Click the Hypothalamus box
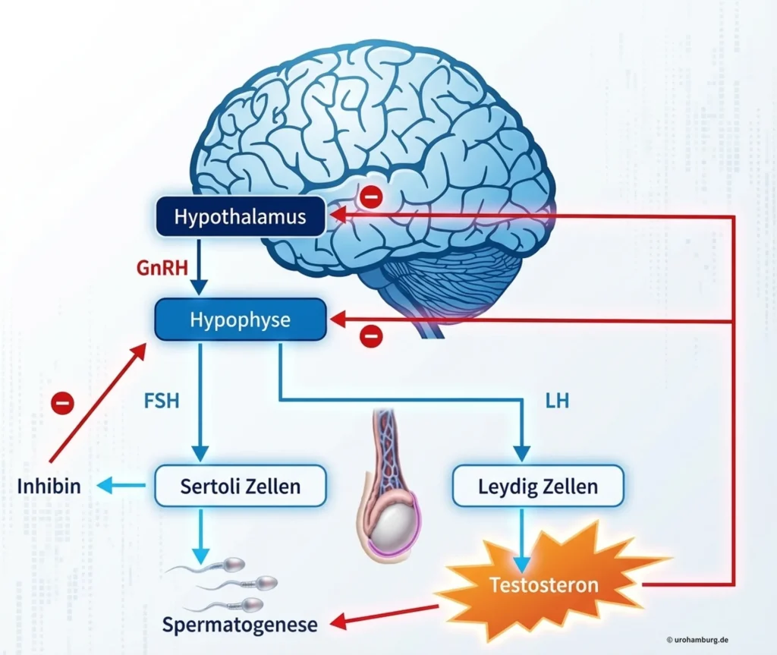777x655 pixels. (240, 216)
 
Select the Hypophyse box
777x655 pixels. (240, 320)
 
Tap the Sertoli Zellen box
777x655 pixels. (240, 486)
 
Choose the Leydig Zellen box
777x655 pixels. (538, 486)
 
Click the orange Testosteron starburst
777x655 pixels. (543, 585)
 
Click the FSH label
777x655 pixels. (161, 399)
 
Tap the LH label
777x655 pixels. (557, 399)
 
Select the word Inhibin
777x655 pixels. (49, 487)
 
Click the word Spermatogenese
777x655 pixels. (239, 625)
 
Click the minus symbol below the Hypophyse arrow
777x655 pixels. (371, 335)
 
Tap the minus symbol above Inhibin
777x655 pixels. (62, 402)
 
